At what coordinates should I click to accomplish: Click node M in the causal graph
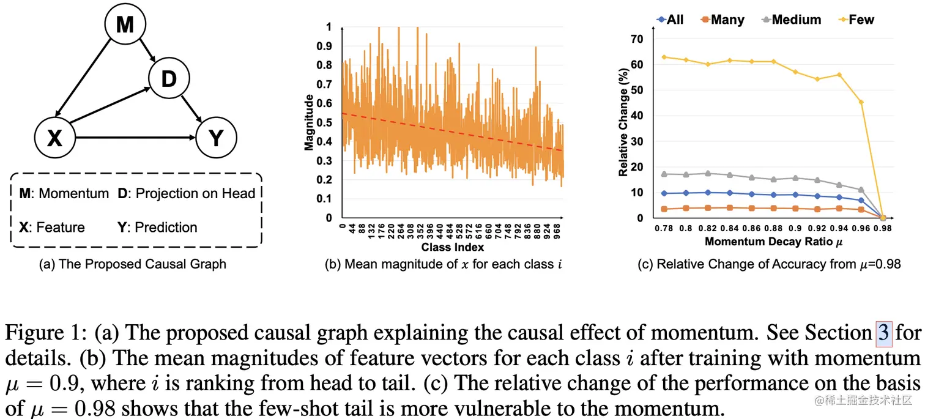click(x=124, y=25)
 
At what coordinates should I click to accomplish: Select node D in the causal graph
click(x=168, y=78)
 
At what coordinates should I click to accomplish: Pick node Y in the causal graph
click(x=216, y=138)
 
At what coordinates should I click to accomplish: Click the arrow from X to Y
click(x=135, y=138)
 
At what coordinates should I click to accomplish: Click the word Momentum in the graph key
click(x=73, y=193)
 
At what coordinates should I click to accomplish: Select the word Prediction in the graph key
click(x=166, y=228)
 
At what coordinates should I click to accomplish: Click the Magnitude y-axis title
click(x=309, y=122)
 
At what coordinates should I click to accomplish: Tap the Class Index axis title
click(x=453, y=247)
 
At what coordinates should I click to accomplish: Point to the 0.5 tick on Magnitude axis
click(x=325, y=122)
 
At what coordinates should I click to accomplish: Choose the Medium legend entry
click(x=796, y=20)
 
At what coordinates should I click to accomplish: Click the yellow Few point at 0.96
click(x=861, y=102)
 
